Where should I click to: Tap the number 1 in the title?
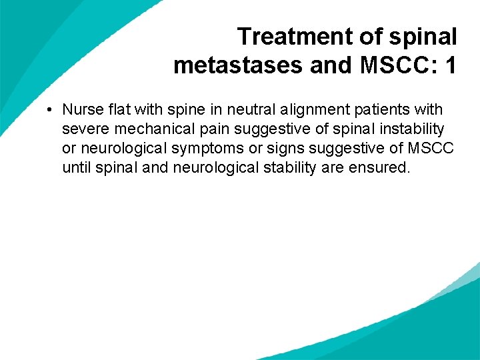[x=451, y=65]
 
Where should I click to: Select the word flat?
[x=115, y=109]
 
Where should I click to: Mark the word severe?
[x=83, y=128]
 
